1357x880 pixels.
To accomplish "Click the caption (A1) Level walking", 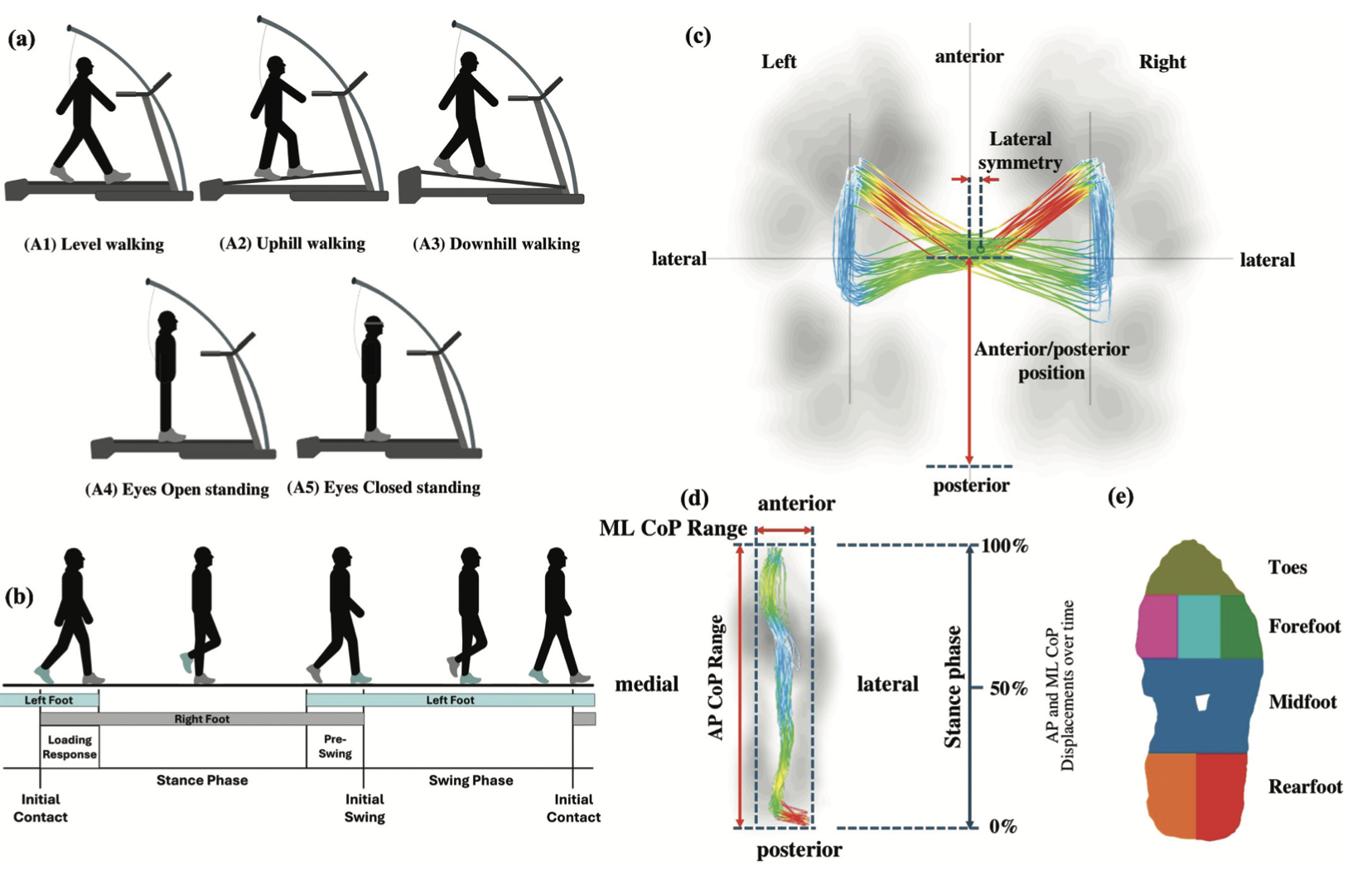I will (94, 244).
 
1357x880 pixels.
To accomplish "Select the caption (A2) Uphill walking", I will (292, 244).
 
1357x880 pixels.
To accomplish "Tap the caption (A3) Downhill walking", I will (496, 244).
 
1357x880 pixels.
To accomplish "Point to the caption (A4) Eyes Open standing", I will (176, 490).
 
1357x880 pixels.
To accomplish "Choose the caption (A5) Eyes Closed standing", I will (384, 487).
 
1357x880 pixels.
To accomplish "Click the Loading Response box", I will (70, 747).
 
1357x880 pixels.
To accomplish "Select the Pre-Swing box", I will (335, 747).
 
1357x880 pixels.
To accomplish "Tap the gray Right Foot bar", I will (201, 719).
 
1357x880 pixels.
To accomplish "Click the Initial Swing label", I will (365, 808).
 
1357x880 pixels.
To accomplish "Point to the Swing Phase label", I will (471, 781).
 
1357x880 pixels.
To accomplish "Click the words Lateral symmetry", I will (1020, 151).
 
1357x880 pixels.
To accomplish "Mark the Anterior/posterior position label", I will (1051, 360).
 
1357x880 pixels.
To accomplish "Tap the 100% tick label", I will (1005, 546).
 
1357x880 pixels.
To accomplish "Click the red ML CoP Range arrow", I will (784, 530).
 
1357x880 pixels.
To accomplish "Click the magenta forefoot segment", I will (1157, 626).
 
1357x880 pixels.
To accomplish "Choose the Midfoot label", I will (1302, 703).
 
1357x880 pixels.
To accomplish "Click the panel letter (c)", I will (698, 36).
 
